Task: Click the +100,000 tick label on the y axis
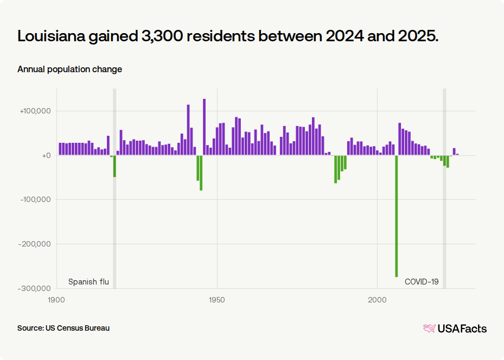click(x=35, y=111)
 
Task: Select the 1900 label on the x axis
click(x=56, y=300)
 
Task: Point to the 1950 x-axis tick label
click(x=217, y=300)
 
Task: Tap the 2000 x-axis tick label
click(x=377, y=300)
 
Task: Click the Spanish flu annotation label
click(x=88, y=282)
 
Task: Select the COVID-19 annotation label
click(x=422, y=282)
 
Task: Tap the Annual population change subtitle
click(x=69, y=69)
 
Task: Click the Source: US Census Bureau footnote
click(x=63, y=328)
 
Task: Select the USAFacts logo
click(x=455, y=328)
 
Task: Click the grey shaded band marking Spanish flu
click(x=114, y=217)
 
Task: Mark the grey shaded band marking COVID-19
click(x=444, y=217)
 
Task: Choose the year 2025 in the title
click(x=418, y=36)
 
